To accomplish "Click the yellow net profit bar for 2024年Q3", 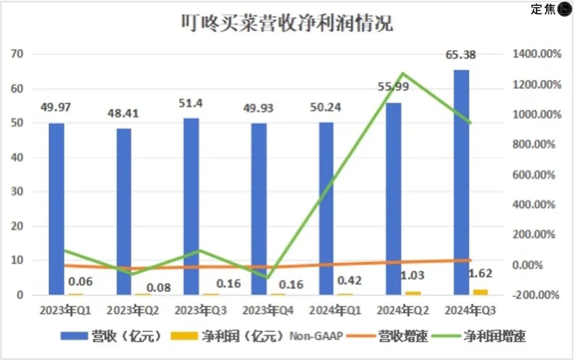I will click(480, 291).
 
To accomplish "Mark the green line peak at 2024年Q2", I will click(403, 73).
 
